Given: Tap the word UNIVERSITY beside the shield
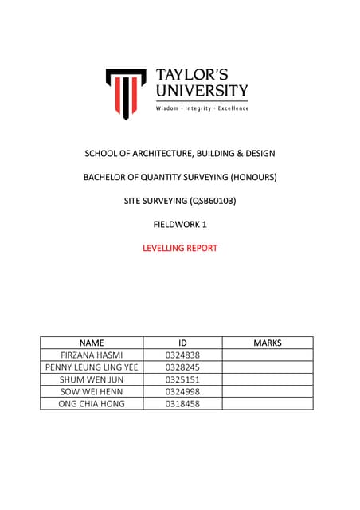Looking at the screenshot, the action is [202, 90].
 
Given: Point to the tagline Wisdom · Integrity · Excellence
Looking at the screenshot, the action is [202, 108].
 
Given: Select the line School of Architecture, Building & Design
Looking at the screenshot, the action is [180, 153].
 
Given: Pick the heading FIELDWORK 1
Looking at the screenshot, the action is [180, 225].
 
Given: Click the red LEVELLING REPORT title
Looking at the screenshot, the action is [180, 248].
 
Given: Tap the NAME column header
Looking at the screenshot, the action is [92, 343].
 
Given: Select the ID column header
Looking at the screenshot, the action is [182, 343].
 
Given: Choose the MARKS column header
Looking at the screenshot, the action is [268, 343].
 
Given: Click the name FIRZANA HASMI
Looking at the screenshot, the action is [92, 355].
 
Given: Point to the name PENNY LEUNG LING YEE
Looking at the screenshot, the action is [92, 367].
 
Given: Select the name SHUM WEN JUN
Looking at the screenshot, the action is [92, 379].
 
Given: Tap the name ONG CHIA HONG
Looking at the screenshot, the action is [92, 404].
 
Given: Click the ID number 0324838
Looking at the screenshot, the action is [182, 355].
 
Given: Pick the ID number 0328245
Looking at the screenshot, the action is [182, 367].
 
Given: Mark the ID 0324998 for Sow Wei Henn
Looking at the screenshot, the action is [182, 391].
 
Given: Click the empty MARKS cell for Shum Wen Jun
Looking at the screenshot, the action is [268, 379].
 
